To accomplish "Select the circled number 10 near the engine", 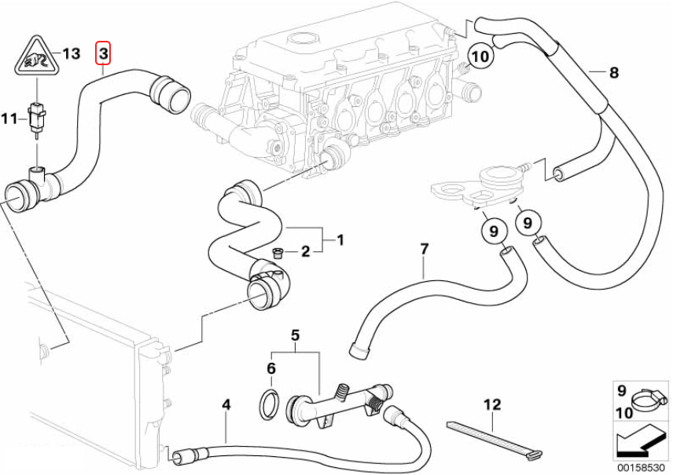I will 481,56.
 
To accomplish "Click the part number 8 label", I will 614,73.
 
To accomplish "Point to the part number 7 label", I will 425,250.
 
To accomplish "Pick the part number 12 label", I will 491,405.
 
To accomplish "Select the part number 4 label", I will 226,405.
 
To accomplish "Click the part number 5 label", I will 296,335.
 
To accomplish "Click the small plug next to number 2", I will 276,252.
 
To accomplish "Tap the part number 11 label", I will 9,119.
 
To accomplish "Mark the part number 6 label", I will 270,368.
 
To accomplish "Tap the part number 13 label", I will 72,53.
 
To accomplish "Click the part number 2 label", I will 306,252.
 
